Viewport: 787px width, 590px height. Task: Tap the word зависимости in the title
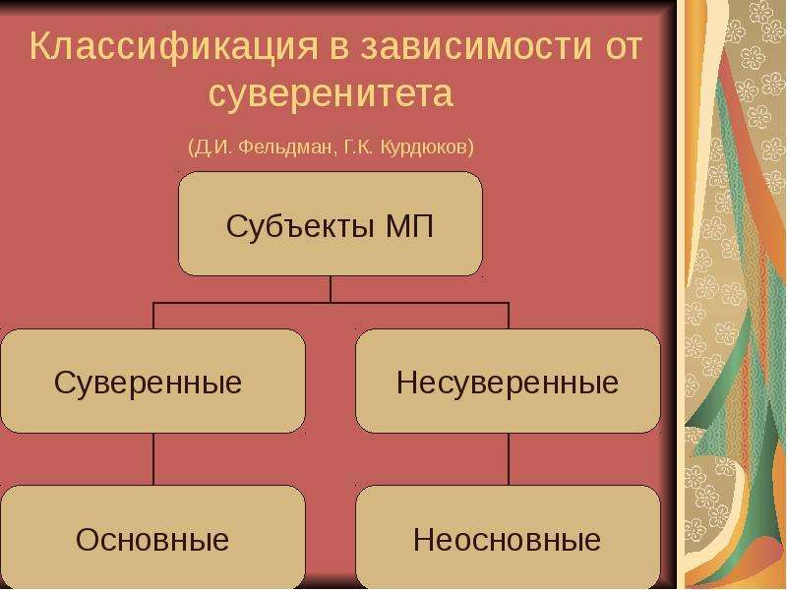[477, 46]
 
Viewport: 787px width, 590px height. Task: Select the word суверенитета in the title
[332, 94]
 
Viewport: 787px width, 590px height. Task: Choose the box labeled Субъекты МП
[331, 224]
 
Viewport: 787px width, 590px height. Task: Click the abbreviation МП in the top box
[409, 226]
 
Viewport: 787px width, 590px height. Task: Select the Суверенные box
[153, 381]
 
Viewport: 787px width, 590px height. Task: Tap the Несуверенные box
[508, 381]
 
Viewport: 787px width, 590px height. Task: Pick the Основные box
[153, 537]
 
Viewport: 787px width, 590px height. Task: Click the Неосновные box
[508, 537]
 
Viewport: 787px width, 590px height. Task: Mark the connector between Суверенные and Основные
[153, 459]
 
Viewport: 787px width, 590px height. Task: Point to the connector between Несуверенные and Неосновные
[509, 459]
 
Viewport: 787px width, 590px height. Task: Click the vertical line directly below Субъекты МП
[331, 289]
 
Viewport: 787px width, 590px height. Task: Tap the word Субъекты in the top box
[300, 226]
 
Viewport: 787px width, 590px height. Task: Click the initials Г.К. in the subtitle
[360, 147]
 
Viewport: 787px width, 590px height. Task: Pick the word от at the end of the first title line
[624, 47]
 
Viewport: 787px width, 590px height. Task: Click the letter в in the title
[339, 48]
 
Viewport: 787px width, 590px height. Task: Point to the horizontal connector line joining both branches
[331, 303]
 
